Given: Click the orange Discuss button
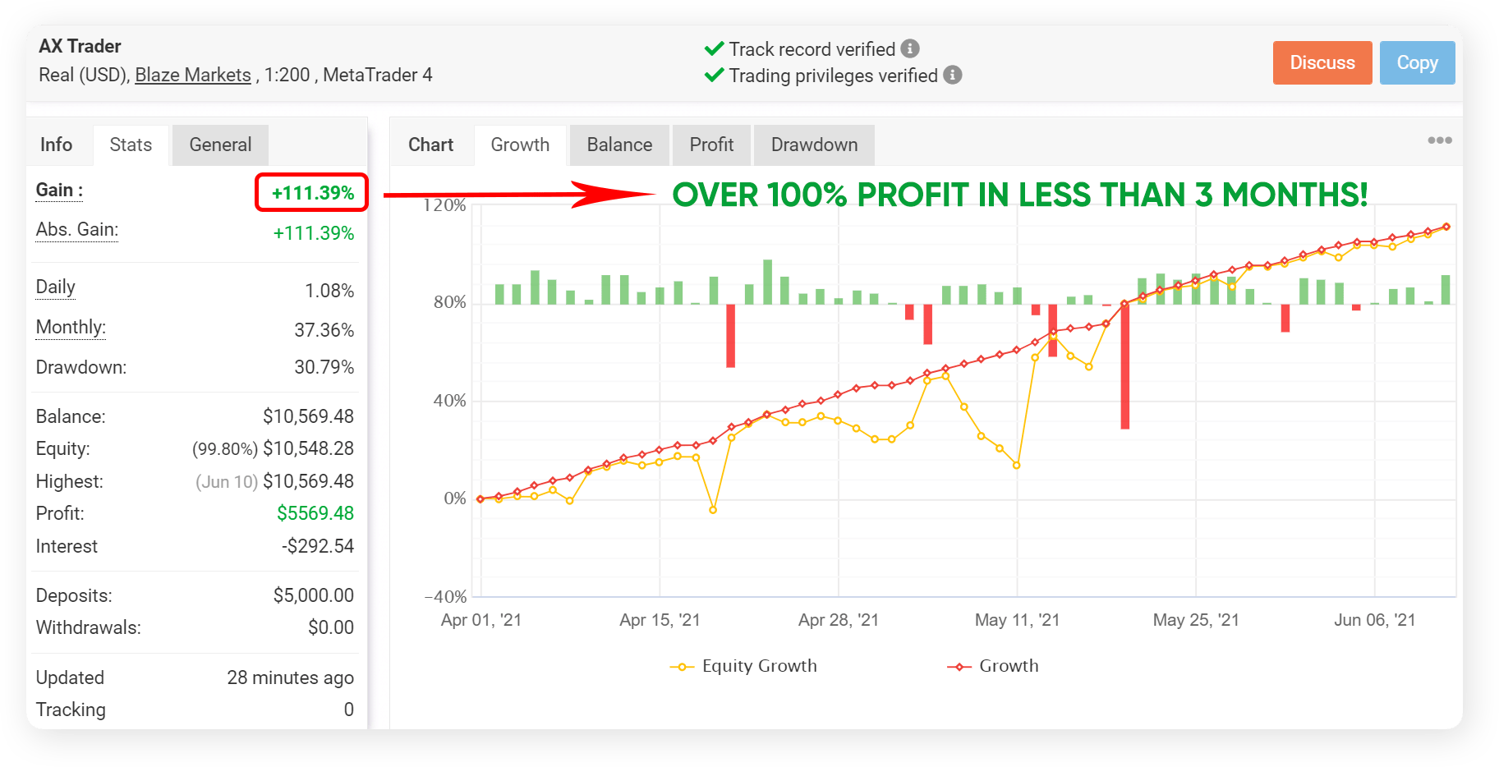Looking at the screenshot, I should tap(1322, 62).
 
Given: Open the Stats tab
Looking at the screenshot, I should tap(131, 145).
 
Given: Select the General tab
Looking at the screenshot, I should tap(220, 145).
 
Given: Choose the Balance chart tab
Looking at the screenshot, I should tap(619, 145).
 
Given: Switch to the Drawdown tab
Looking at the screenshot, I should tap(814, 145).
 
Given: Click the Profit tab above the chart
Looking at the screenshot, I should tap(711, 145).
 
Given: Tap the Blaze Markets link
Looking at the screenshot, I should tap(193, 75).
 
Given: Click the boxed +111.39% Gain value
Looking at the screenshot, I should tap(312, 193).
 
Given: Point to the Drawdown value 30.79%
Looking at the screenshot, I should tap(324, 367).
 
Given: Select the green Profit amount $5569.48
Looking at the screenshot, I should tap(315, 513).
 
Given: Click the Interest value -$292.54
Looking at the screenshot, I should tap(318, 546).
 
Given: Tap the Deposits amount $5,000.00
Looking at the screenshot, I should tap(314, 595).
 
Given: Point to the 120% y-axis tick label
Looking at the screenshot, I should tap(445, 205).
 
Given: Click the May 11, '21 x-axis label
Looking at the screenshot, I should tap(1017, 620).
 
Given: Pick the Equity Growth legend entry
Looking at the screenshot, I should tap(744, 666).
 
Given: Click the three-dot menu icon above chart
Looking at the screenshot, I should tap(1439, 140).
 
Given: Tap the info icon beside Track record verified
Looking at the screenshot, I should tap(910, 48).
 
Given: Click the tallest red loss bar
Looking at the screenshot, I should tap(1124, 366).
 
